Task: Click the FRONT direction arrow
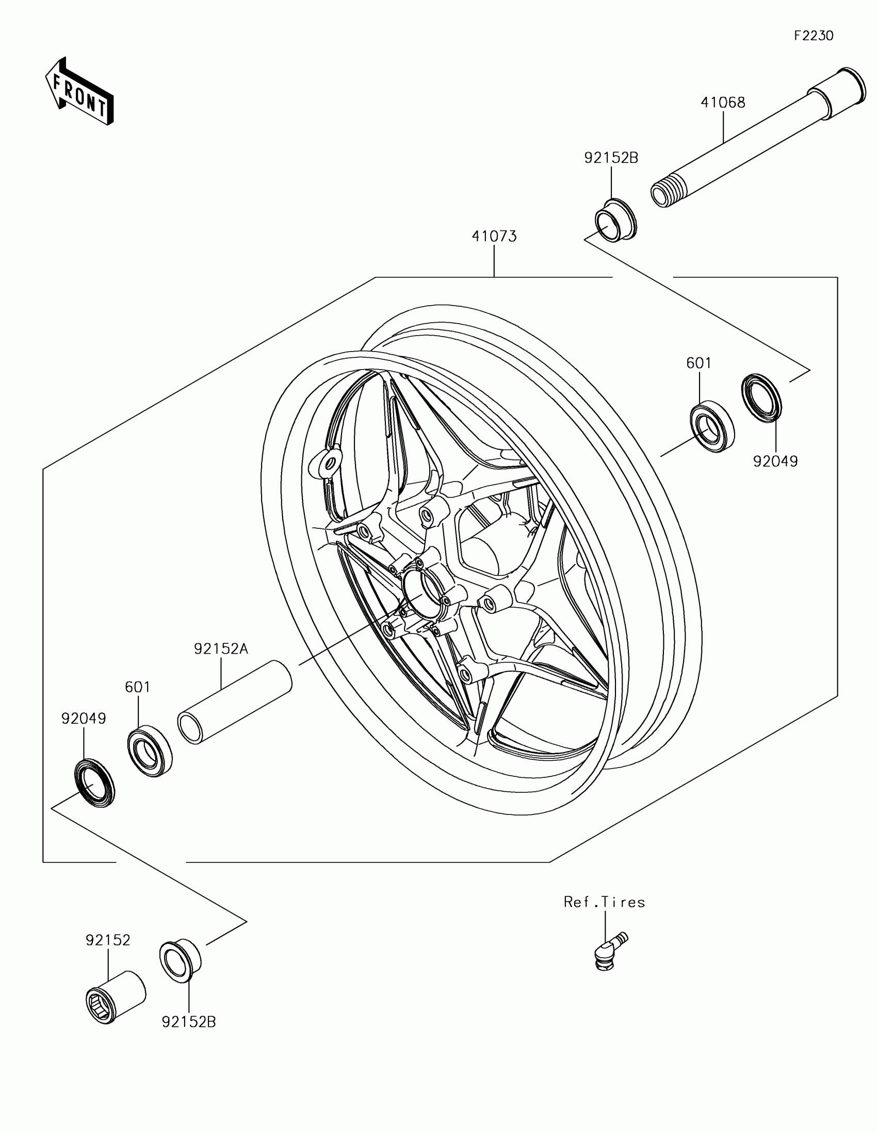click(x=79, y=92)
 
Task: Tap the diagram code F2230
click(x=814, y=36)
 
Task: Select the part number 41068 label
click(x=722, y=103)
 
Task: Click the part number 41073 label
click(x=494, y=237)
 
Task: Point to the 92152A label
click(x=221, y=648)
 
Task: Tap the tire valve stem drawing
click(x=608, y=948)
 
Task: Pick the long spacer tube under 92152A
click(x=234, y=702)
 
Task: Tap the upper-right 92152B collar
click(x=615, y=220)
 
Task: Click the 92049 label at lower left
click(x=84, y=719)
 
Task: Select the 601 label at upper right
click(x=699, y=363)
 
